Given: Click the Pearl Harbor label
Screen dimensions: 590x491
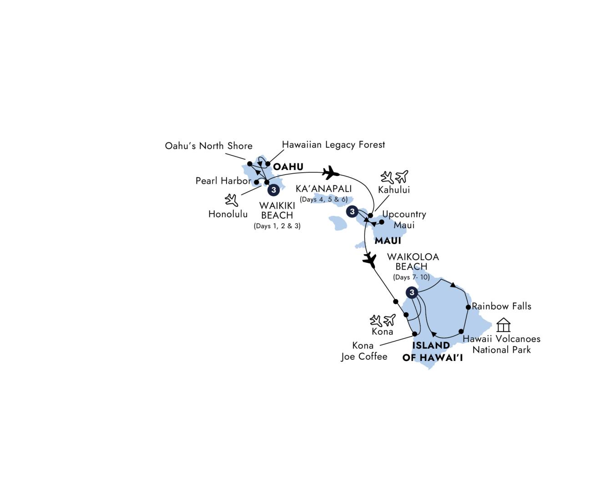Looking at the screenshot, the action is coord(223,180).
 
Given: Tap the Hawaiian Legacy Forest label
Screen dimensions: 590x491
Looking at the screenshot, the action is coord(333,145).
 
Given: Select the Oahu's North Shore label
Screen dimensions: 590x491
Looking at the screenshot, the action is coord(208,145).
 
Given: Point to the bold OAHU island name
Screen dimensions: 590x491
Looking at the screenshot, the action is coord(288,166).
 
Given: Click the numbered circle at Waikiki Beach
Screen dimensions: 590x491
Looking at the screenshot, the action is coord(273,190).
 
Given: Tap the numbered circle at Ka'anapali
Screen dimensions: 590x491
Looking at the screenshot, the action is coord(352,211).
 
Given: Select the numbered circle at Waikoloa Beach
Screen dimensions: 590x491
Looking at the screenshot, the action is coord(412,292).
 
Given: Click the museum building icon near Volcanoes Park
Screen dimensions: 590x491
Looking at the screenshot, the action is coord(503,325).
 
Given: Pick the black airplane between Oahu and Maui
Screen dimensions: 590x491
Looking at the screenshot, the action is coord(331,172).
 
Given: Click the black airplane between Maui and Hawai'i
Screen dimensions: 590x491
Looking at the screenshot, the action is coord(369,261).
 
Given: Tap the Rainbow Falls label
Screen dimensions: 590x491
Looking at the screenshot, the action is coord(502,306).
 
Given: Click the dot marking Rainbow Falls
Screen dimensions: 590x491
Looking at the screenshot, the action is coord(468,307).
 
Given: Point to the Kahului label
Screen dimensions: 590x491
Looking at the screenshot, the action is coord(394,190).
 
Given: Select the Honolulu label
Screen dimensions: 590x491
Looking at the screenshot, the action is coord(228,214).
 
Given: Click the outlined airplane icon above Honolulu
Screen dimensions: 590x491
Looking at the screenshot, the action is coord(232,200).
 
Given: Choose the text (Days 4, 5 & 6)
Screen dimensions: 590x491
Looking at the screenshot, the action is coord(324,199).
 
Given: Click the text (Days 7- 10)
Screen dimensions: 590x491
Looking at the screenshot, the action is coord(411,277).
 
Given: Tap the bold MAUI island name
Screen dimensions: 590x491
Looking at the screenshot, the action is coord(388,241).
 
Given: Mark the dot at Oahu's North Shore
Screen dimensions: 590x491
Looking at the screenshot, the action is coord(250,164).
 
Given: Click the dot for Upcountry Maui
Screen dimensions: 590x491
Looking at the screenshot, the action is coord(382,222).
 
